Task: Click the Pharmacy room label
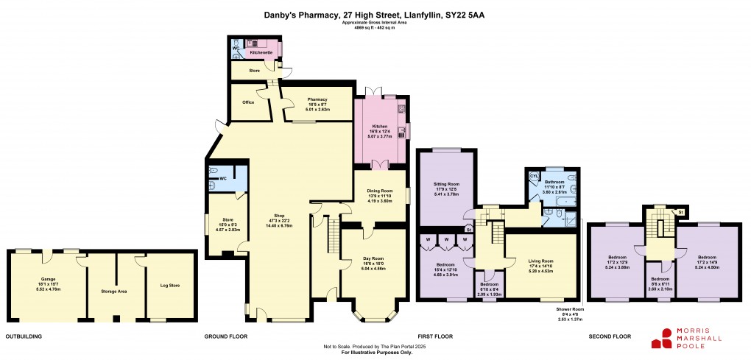(x=317, y=99)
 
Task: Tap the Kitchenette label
(x=261, y=53)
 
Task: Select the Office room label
(x=248, y=102)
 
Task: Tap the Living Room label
(x=540, y=261)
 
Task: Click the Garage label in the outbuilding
(x=49, y=279)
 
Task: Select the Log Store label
(x=170, y=285)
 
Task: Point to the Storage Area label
(x=114, y=292)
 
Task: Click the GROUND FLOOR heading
(x=226, y=336)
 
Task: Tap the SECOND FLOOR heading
(x=610, y=336)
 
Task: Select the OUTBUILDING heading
(x=24, y=336)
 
